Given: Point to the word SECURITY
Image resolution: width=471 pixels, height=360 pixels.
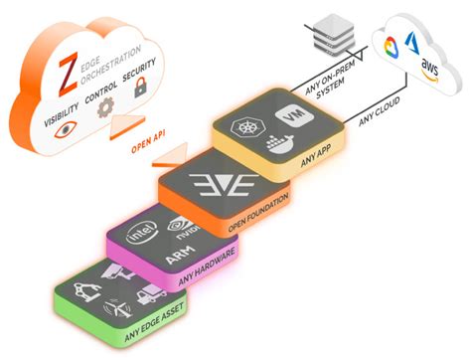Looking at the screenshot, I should point(138,72).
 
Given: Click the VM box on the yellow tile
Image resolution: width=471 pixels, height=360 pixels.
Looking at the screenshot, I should point(292,113).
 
